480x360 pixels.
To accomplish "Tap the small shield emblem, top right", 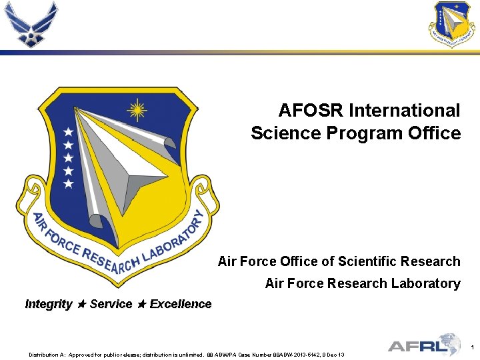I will (453, 24).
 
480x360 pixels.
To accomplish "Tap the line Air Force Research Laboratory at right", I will (362, 283).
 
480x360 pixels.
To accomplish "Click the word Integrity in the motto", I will (49, 304).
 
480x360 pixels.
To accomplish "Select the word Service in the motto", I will (111, 304).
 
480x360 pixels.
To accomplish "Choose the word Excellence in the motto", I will (181, 304).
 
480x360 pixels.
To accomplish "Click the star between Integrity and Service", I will (81, 304).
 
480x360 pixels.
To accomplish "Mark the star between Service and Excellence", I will (141, 304).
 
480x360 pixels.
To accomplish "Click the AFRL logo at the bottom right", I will (424, 345).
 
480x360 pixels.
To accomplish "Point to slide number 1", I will (471, 347).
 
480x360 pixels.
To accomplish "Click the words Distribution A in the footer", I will (46, 355).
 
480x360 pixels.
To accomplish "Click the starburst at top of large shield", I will (137, 108).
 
